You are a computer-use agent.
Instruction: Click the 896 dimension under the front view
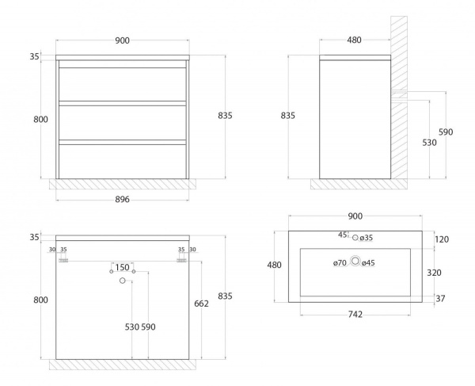click(x=123, y=199)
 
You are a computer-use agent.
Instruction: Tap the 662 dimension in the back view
click(x=201, y=304)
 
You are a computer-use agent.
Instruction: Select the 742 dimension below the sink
click(x=355, y=315)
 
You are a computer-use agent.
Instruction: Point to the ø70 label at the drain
click(x=340, y=263)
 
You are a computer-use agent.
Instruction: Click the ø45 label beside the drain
click(x=368, y=263)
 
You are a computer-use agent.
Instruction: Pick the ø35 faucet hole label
click(x=367, y=238)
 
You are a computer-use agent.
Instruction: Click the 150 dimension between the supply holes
click(x=123, y=267)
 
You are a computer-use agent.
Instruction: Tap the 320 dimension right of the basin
click(x=434, y=273)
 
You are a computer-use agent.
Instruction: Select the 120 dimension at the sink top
click(x=442, y=239)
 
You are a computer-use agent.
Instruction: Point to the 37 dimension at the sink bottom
click(x=440, y=299)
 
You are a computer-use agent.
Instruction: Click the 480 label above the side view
click(x=354, y=40)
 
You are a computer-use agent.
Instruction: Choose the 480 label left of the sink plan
click(x=274, y=265)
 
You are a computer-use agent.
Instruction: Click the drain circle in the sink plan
click(x=355, y=261)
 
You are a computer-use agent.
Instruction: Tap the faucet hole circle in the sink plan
click(x=355, y=238)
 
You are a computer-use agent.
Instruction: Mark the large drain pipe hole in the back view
click(x=123, y=281)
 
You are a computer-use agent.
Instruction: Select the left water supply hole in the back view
click(x=111, y=271)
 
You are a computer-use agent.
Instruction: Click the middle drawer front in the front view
click(x=123, y=123)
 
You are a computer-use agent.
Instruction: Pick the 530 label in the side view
click(x=430, y=142)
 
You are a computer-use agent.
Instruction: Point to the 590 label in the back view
click(x=149, y=327)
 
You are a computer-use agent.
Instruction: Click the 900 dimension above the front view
click(x=123, y=40)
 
